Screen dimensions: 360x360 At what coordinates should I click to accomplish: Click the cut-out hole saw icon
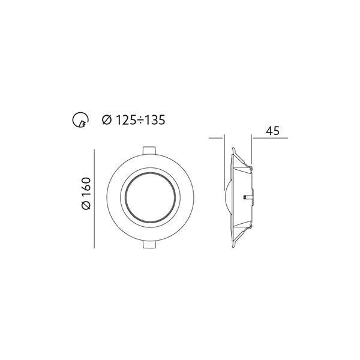tap(78, 121)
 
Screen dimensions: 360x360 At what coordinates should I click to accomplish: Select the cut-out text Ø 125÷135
tap(133, 120)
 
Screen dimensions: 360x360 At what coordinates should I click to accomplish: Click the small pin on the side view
tap(247, 196)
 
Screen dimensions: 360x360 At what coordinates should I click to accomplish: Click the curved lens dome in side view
tap(226, 197)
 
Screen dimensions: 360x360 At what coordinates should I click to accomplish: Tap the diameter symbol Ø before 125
tap(106, 120)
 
